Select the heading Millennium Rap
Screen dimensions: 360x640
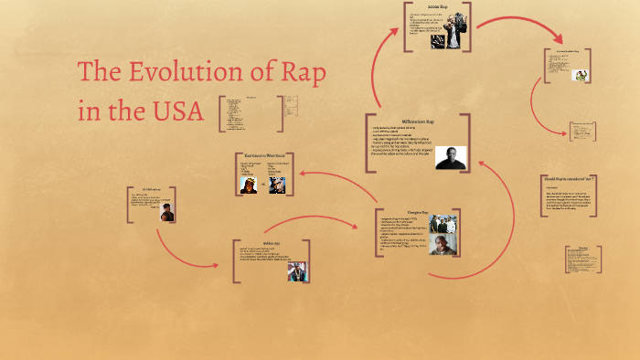pyautogui.click(x=417, y=122)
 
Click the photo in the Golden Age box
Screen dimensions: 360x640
pyautogui.click(x=298, y=271)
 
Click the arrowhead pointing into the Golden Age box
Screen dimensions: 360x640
pyautogui.click(x=216, y=264)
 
